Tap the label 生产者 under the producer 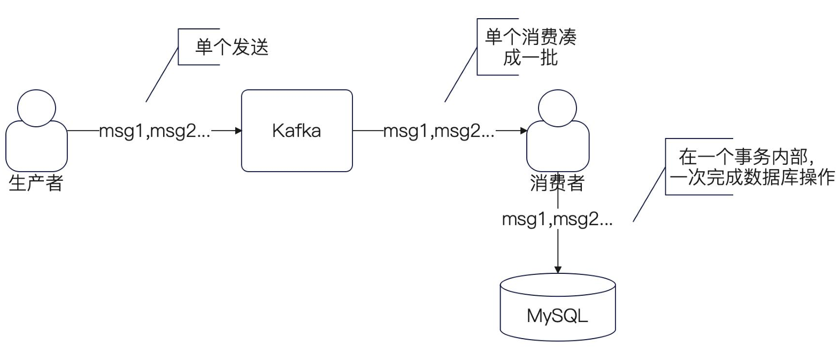[x=36, y=184]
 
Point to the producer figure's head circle [x=36, y=107]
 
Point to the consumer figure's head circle [x=557, y=107]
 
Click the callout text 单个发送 [x=223, y=49]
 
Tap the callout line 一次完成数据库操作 [x=752, y=179]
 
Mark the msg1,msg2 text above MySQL [x=557, y=220]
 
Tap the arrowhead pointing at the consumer [x=522, y=131]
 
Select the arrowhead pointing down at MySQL [x=558, y=267]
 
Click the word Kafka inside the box [x=297, y=131]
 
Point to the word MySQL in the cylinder [x=558, y=316]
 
